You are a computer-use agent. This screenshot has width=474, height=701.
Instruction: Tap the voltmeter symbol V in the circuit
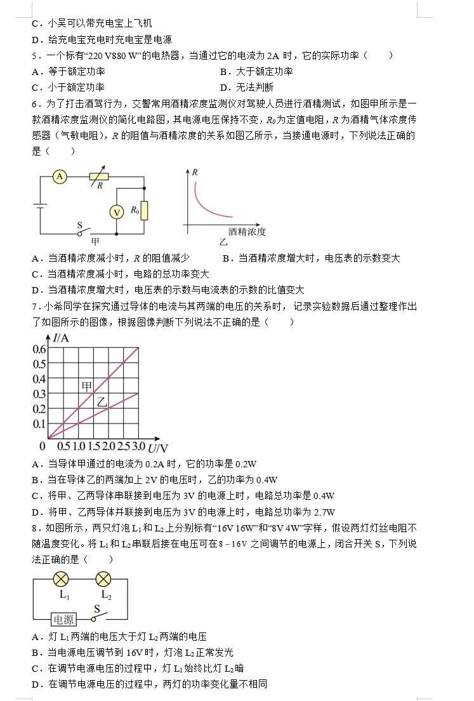point(117,212)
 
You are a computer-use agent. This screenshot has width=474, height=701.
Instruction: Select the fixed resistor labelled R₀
point(145,210)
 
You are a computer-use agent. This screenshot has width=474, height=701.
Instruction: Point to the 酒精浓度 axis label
point(247,232)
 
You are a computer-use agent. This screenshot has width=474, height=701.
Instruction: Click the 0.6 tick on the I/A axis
point(39,349)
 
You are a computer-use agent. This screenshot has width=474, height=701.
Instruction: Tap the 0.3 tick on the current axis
point(39,394)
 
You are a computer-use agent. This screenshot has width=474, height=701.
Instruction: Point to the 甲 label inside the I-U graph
point(86,387)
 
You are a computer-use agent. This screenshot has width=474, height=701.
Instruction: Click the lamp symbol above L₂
point(103,579)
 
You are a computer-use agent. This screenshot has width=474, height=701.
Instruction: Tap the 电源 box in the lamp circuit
point(63,620)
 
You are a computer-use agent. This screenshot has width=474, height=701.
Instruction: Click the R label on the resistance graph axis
point(195,172)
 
